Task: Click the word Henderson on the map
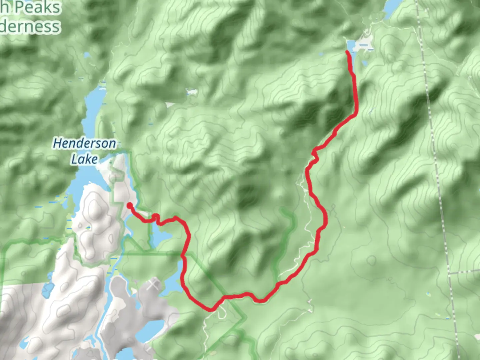(x=84, y=143)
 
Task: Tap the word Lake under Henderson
(x=84, y=159)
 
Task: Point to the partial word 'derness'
(x=30, y=26)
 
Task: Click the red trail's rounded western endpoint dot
(x=129, y=205)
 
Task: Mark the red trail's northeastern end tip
(x=347, y=52)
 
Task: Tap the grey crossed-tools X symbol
(x=153, y=285)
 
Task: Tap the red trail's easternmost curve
(x=325, y=219)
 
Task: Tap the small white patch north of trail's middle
(x=191, y=92)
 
